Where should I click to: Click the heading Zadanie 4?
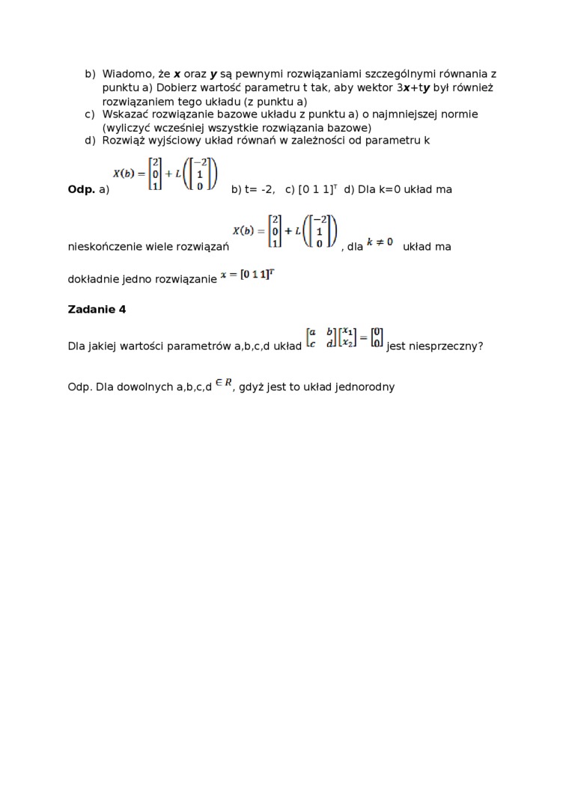coord(97,310)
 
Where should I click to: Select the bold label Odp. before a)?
coord(82,189)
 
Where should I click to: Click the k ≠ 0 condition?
coord(380,242)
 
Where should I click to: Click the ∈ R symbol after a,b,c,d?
coord(223,384)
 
